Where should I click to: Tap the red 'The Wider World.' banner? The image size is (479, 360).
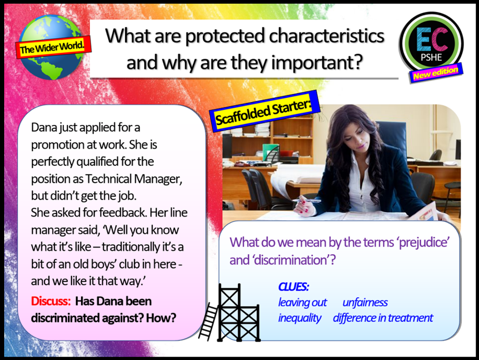tap(53, 47)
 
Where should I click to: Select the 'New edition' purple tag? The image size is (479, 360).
tap(436, 73)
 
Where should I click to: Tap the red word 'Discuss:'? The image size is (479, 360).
tap(51, 301)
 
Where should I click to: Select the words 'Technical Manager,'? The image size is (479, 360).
tap(134, 179)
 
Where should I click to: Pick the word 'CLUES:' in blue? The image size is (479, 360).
tap(293, 287)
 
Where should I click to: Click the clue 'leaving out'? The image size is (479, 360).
tap(302, 302)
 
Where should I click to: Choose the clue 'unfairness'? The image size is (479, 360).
tap(365, 302)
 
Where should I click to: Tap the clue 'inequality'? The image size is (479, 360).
tap(299, 318)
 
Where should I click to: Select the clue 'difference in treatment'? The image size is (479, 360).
tap(383, 318)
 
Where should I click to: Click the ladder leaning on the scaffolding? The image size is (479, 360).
tap(208, 322)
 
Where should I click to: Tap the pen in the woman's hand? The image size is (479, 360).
tap(307, 201)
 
